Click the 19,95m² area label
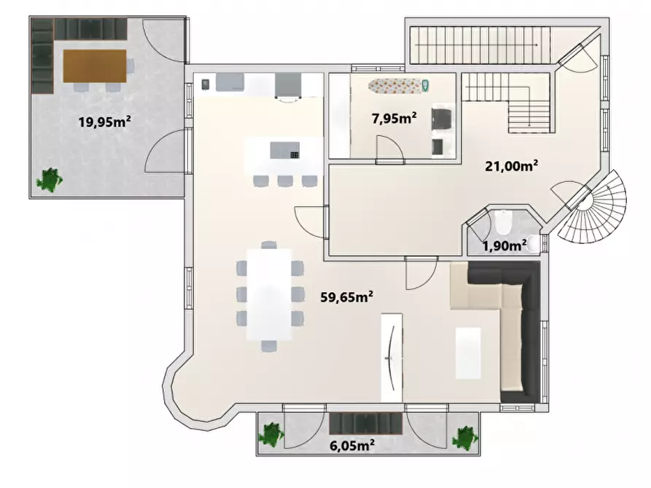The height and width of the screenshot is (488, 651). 105,122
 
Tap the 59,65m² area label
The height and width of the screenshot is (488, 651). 347,296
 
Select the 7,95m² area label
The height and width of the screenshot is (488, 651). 394,118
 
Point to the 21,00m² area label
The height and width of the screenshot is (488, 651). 512,166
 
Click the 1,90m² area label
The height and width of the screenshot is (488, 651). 504,245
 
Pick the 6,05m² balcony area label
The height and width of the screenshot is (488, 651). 352,446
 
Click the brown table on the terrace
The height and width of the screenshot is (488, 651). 95,66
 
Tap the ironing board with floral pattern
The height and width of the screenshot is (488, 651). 399,86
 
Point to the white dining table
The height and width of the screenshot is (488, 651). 269,294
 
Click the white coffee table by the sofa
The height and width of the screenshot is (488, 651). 468,353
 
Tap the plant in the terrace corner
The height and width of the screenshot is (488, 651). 50,180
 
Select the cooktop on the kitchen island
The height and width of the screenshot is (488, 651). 295,155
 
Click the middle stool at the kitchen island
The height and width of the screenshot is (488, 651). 285,181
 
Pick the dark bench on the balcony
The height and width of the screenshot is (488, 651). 366,423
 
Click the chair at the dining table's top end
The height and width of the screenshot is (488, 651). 269,245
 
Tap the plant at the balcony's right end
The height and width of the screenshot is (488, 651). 465,438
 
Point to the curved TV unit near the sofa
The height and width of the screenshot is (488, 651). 392,358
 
